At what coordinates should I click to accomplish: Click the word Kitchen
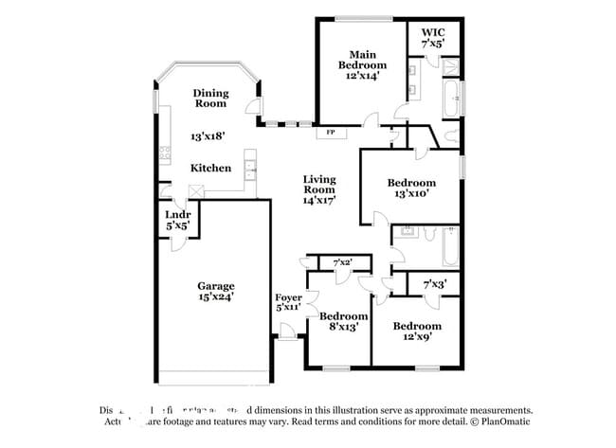[x=210, y=168]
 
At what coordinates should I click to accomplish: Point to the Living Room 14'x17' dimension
[x=318, y=201]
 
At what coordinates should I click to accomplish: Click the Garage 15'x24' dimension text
[x=215, y=296]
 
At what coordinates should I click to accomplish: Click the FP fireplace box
[x=330, y=133]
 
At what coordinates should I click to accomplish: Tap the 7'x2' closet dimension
[x=342, y=262]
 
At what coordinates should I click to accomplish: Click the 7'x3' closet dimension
[x=434, y=283]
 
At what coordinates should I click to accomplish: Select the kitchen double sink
[x=249, y=170]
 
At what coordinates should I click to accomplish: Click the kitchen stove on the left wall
[x=165, y=151]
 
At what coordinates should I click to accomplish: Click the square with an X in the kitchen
[x=195, y=190]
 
